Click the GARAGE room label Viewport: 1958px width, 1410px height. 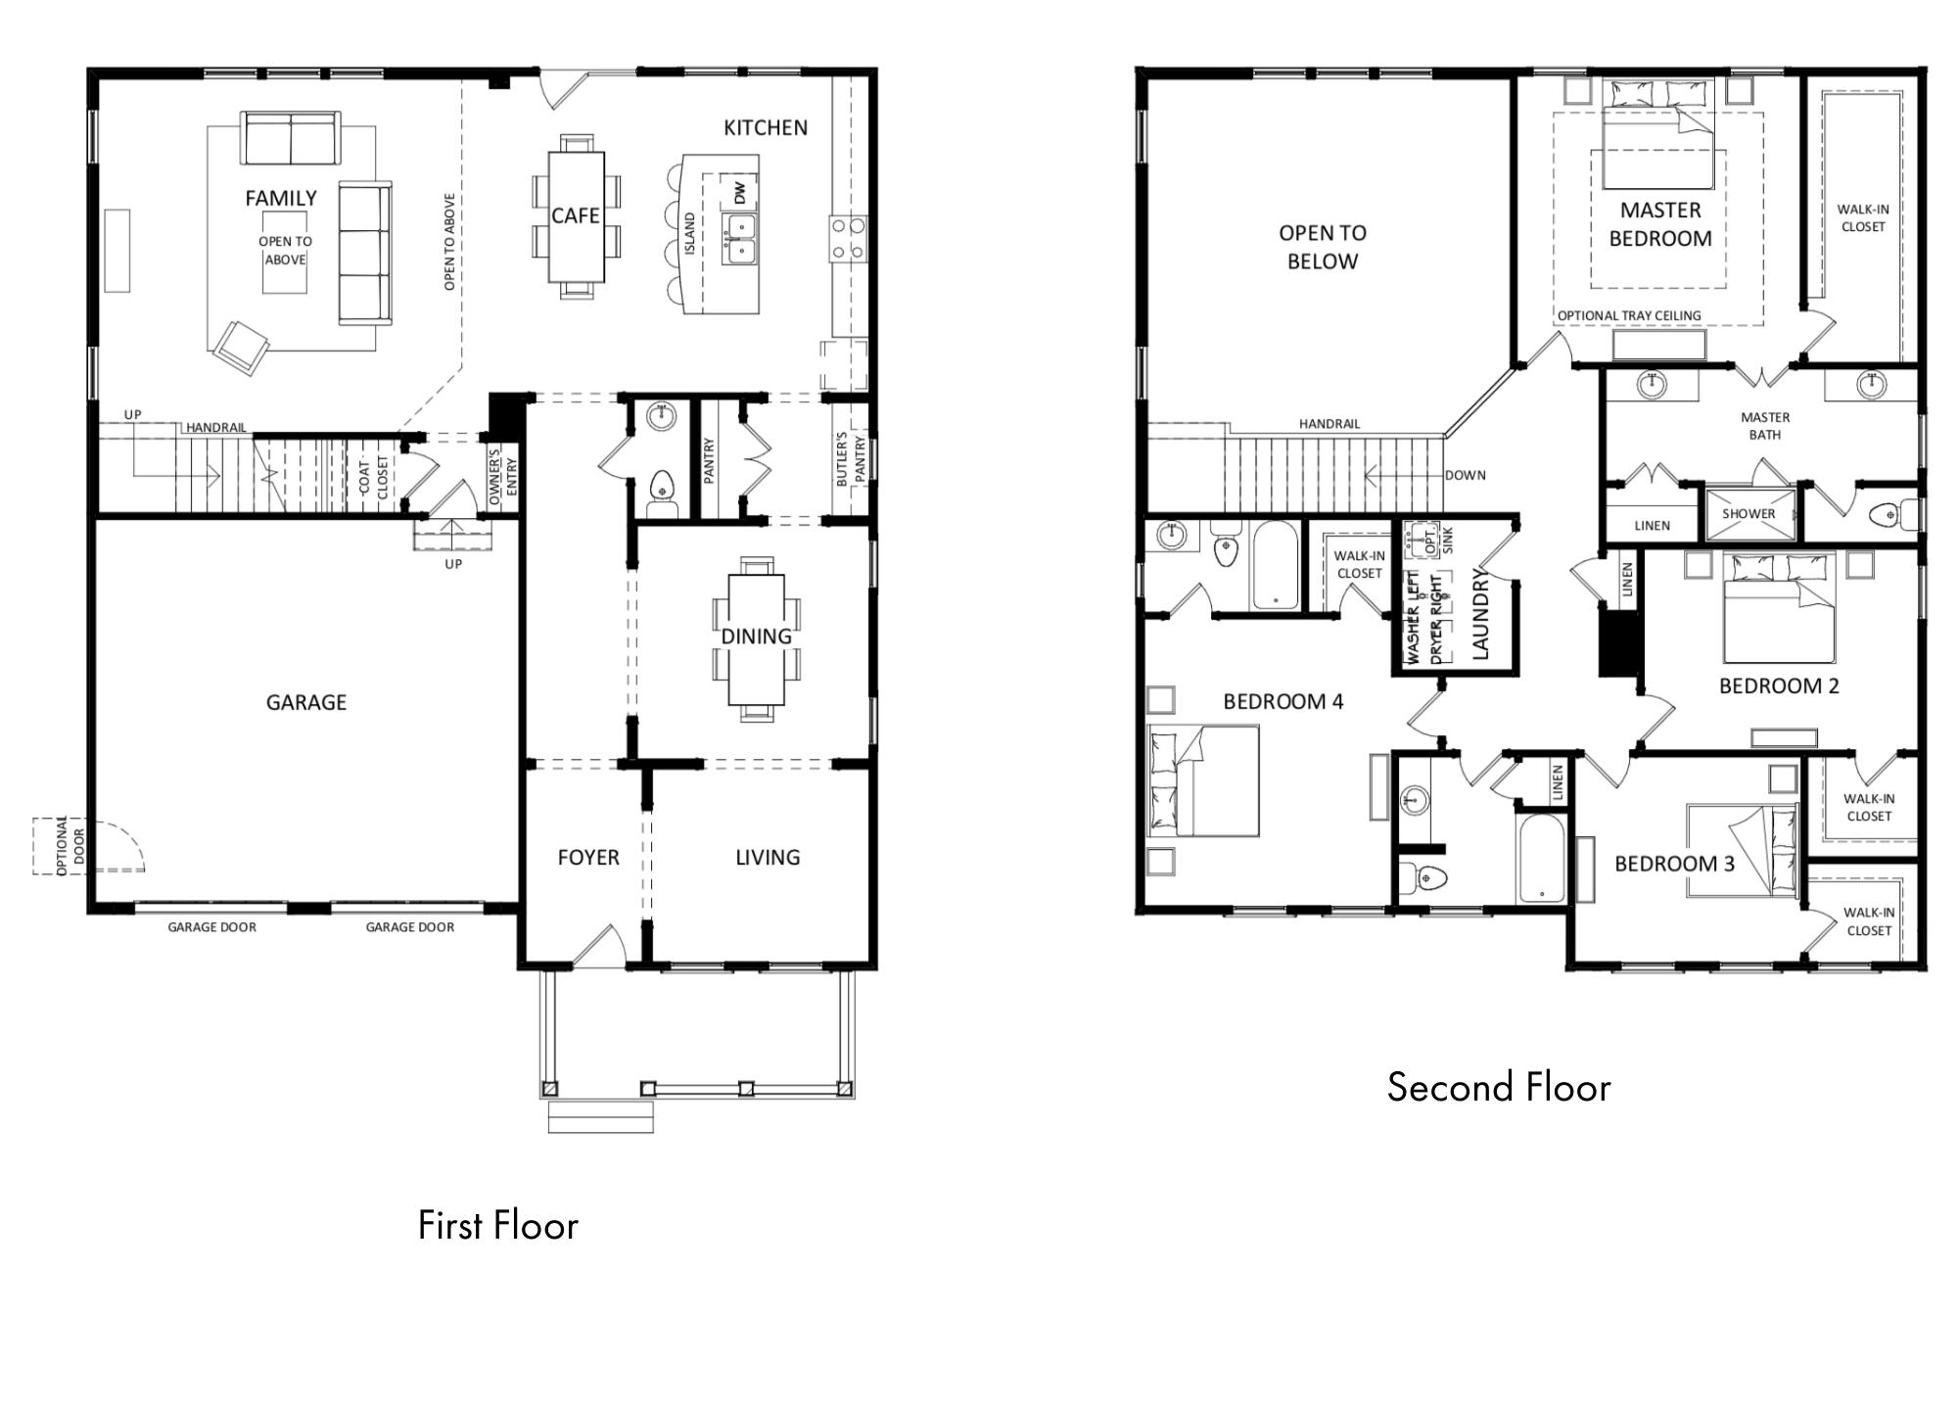(306, 702)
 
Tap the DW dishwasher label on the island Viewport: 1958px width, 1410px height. (739, 192)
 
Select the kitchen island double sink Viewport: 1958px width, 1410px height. (740, 239)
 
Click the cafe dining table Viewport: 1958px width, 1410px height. (576, 215)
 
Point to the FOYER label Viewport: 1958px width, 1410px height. (588, 858)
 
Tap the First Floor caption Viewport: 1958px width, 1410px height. (497, 1225)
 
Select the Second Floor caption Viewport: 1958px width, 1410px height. (1499, 1087)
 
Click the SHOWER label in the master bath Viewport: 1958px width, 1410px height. (1748, 513)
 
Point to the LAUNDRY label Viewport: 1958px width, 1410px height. (1479, 614)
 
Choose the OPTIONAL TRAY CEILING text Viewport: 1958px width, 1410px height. (1629, 315)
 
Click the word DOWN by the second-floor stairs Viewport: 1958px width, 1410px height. (1466, 475)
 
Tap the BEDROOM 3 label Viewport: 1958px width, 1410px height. (1674, 864)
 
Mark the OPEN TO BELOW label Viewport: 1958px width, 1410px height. (1323, 247)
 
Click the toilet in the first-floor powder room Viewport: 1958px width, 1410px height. (663, 488)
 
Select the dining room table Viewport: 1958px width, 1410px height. (756, 638)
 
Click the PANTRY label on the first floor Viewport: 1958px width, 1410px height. (709, 460)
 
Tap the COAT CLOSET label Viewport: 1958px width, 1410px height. (373, 476)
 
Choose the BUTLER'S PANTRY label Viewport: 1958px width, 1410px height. (850, 458)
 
